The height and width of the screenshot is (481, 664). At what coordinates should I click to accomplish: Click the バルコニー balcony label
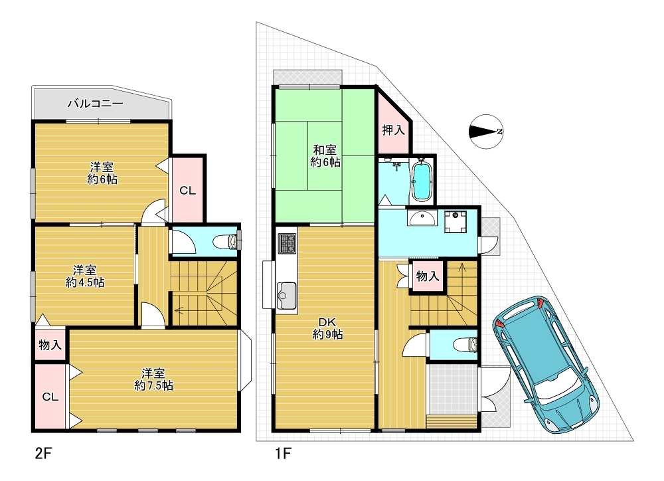[x=96, y=103]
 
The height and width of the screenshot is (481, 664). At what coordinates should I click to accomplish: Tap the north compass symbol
[x=486, y=132]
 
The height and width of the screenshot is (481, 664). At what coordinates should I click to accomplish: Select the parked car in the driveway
[x=546, y=365]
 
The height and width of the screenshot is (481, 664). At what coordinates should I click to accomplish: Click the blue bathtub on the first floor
[x=422, y=182]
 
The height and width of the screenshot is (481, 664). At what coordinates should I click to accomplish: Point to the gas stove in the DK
[x=287, y=243]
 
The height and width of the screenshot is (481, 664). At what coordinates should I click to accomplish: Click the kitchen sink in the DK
[x=287, y=296]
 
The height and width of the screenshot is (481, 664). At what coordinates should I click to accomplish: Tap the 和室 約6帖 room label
[x=325, y=155]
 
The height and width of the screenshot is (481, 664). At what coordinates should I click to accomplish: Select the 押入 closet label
[x=393, y=130]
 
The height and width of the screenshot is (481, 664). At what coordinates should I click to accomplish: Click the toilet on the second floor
[x=227, y=242]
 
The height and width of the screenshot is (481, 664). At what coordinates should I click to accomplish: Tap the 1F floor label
[x=284, y=454]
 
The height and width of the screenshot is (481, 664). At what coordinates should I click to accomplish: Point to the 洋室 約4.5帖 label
[x=85, y=276]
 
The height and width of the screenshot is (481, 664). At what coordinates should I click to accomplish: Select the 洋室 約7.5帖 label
[x=153, y=379]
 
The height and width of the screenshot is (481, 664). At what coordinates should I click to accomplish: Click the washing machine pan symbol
[x=456, y=221]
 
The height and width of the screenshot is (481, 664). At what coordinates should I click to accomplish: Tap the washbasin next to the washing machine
[x=422, y=219]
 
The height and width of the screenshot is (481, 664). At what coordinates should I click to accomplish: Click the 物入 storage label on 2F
[x=50, y=345]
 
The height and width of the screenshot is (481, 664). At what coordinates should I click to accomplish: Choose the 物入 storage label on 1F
[x=427, y=276]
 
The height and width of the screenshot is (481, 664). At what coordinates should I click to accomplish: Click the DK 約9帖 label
[x=328, y=329]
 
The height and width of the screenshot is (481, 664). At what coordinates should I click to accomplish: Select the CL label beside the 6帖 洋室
[x=188, y=191]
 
